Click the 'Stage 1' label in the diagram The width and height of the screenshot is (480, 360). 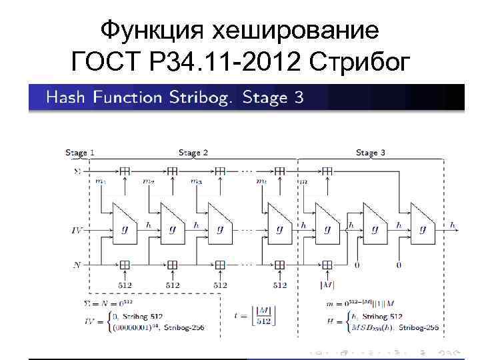[79, 153]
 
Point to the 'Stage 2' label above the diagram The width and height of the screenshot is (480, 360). [193, 153]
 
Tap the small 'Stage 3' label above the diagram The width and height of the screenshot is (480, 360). [371, 153]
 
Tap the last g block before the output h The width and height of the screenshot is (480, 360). [421, 227]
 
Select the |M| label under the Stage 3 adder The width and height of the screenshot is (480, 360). [327, 285]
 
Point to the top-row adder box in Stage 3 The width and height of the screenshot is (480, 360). [327, 171]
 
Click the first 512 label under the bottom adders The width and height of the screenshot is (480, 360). [125, 285]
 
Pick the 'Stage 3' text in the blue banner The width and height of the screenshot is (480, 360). [273, 98]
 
